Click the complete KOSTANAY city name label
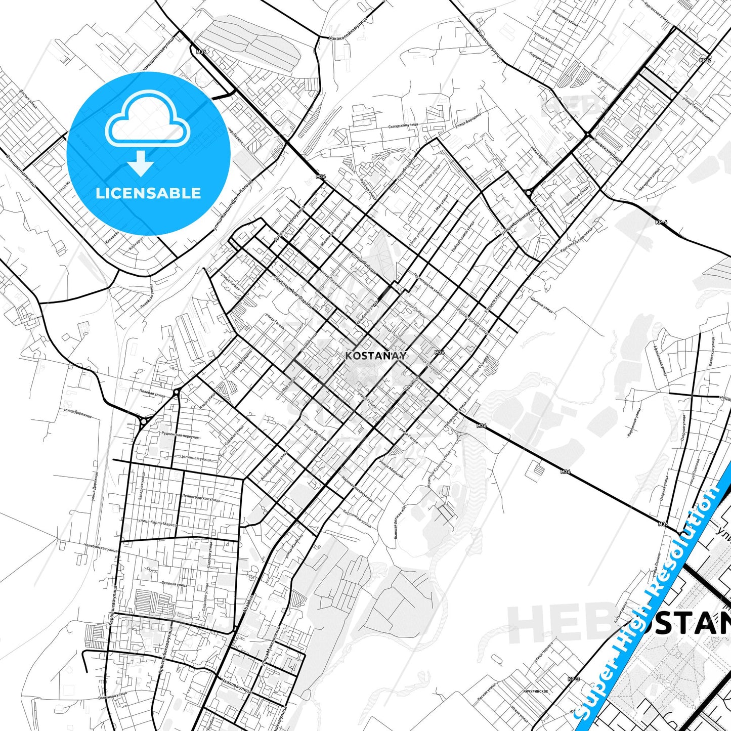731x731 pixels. point(375,356)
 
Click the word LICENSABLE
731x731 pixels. point(148,193)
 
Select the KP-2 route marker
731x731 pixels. point(705,60)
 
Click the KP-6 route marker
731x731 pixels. point(661,222)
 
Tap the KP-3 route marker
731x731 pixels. point(573,679)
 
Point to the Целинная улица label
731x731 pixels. point(195,458)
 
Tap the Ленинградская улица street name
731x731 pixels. point(200,498)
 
